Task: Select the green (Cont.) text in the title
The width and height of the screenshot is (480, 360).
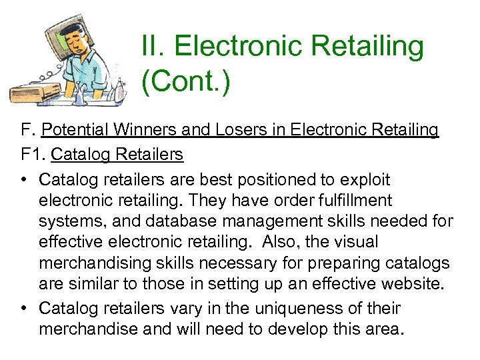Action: pyautogui.click(x=185, y=83)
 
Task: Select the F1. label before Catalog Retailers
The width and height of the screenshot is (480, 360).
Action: pyautogui.click(x=33, y=155)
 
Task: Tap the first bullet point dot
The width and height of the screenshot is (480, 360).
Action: pyautogui.click(x=25, y=180)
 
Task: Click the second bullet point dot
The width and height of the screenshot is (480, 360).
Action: pyautogui.click(x=25, y=309)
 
